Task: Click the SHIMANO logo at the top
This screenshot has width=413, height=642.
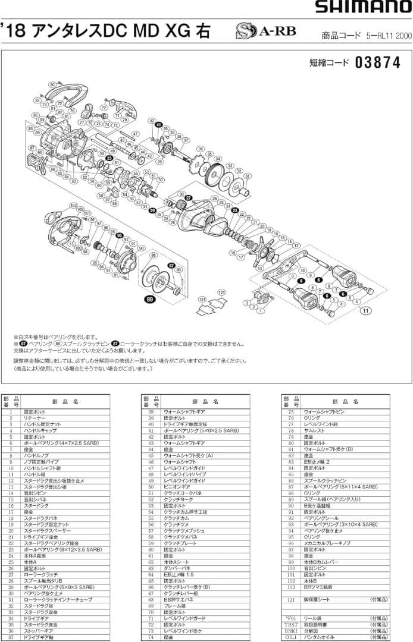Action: [362, 8]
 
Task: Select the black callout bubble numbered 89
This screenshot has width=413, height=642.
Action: [149, 299]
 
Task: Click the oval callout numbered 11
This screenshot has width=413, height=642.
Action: [366, 310]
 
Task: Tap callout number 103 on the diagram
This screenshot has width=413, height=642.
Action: [74, 206]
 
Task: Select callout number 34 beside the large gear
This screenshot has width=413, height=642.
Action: [218, 160]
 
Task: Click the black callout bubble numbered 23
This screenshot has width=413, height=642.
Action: [235, 210]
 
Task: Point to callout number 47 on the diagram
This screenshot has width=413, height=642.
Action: [136, 134]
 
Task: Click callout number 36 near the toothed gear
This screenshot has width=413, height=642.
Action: [201, 149]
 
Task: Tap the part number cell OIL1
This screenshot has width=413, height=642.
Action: [290, 637]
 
